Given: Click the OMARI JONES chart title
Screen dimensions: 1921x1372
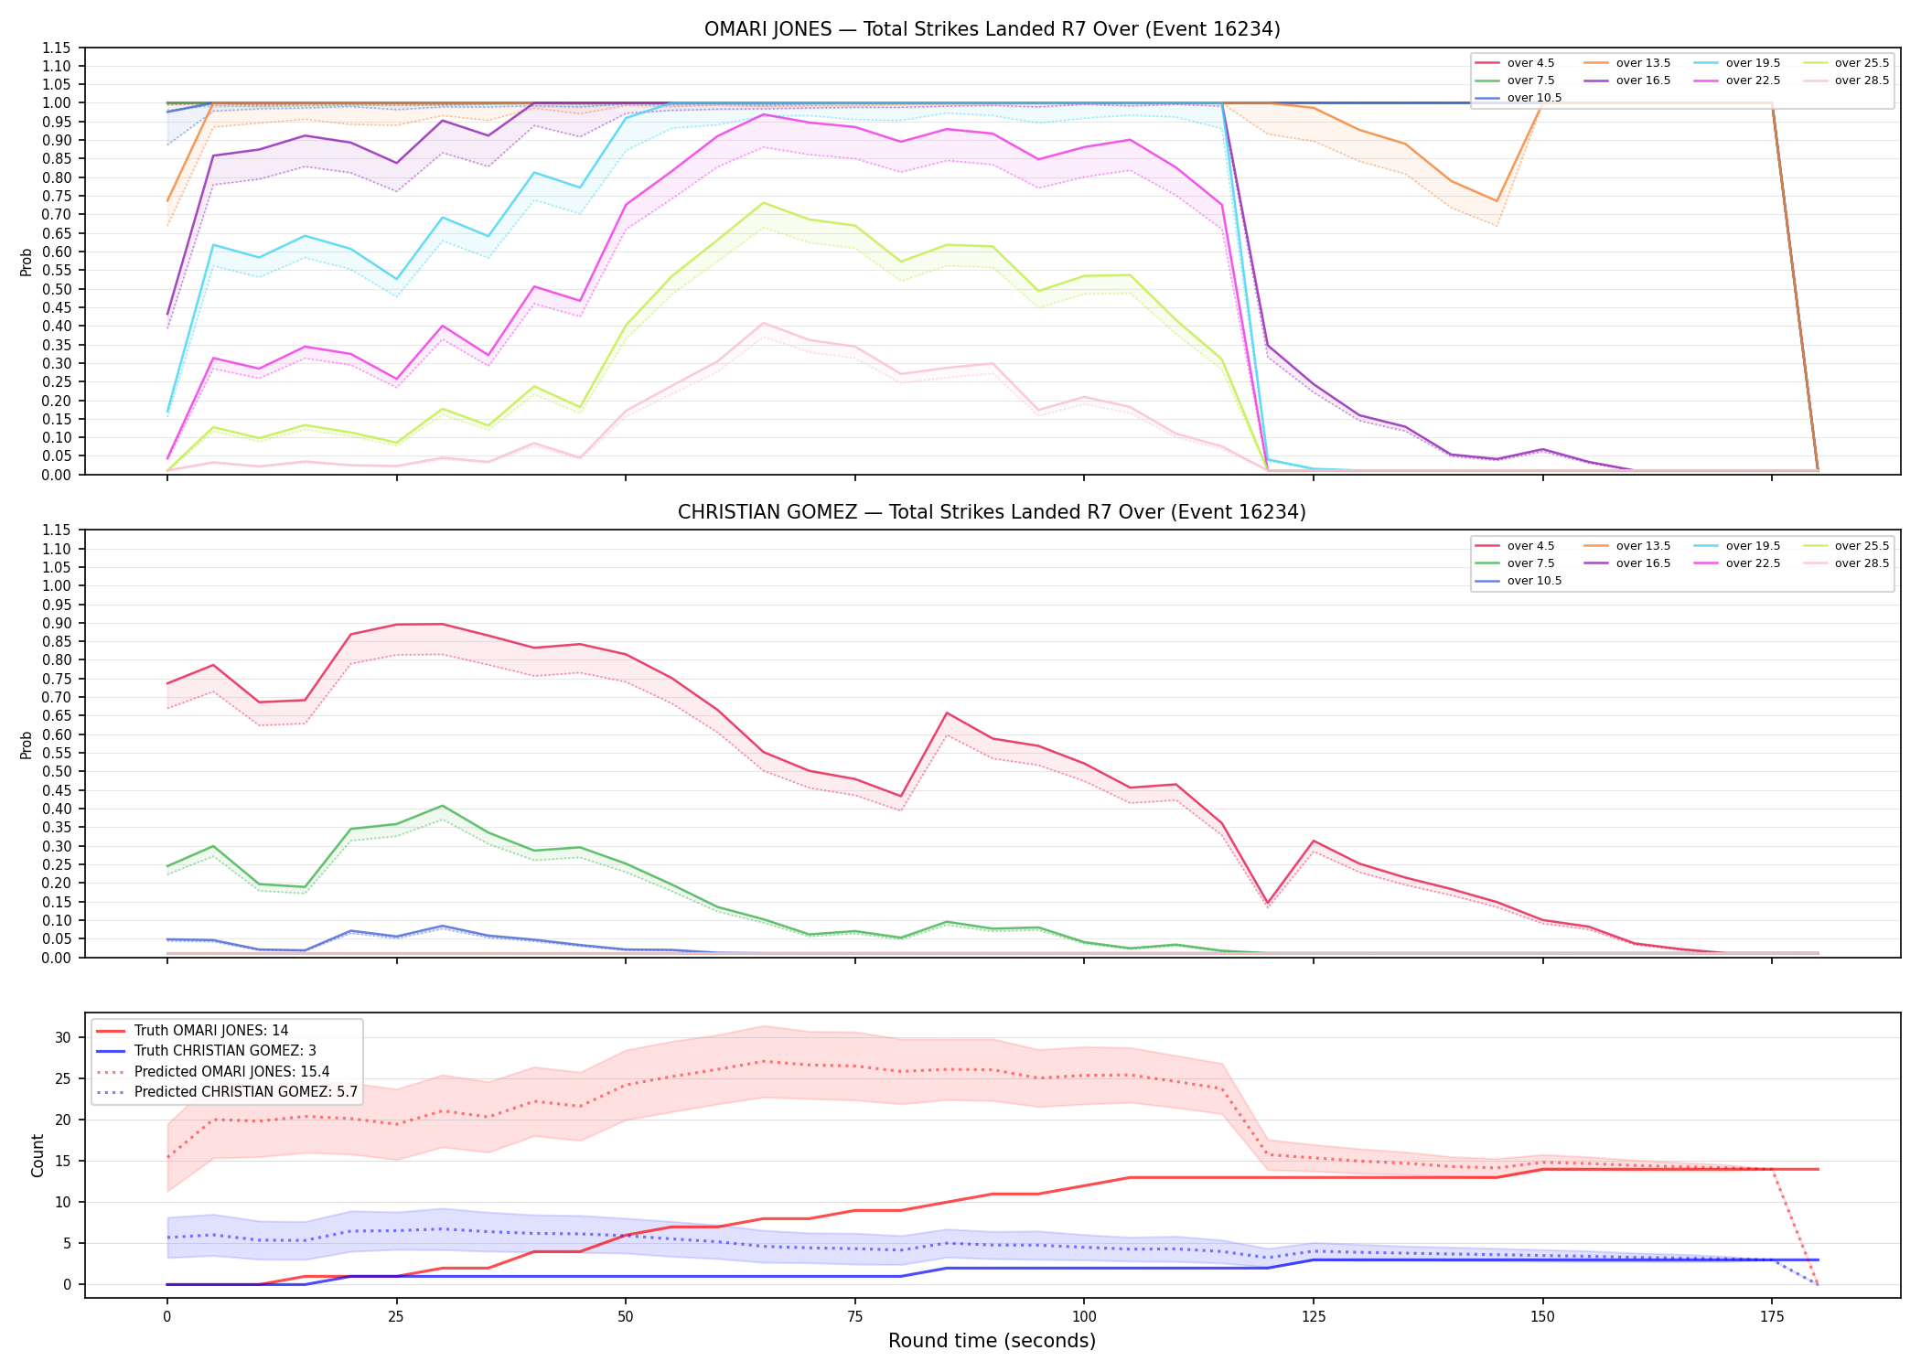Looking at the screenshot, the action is click(x=992, y=29).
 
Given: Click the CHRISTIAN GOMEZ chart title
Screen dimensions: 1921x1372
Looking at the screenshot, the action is click(x=992, y=512).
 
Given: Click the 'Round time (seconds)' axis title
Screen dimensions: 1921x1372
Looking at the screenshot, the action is click(x=992, y=1341).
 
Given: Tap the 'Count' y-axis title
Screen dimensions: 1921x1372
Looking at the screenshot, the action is click(x=38, y=1155).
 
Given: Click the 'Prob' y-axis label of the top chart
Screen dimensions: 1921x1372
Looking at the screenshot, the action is click(x=27, y=262).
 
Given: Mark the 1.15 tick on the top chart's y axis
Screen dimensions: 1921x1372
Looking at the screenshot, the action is click(x=58, y=48).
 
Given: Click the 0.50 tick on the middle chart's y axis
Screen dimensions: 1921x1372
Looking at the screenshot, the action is click(x=58, y=772).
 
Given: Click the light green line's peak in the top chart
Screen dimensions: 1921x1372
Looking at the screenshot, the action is click(x=764, y=203).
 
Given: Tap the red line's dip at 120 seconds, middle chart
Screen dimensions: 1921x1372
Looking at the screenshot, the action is click(x=1268, y=904).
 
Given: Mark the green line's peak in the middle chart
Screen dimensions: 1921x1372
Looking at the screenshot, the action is click(x=443, y=806).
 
